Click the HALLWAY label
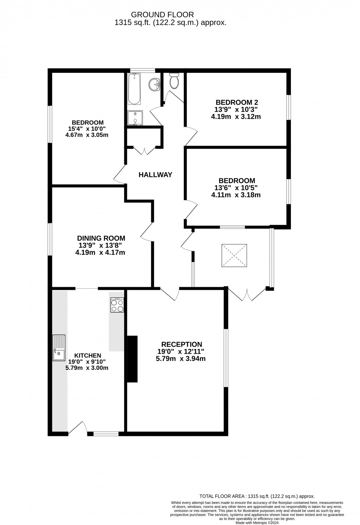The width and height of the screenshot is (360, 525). pyautogui.click(x=155, y=175)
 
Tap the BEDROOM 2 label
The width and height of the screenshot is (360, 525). pyautogui.click(x=234, y=102)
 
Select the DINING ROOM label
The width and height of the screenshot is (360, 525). pyautogui.click(x=101, y=238)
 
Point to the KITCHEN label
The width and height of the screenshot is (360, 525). pyautogui.click(x=88, y=356)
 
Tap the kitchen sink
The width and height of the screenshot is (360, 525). pyautogui.click(x=59, y=347)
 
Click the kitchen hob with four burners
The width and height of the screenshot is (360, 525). pyautogui.click(x=117, y=305)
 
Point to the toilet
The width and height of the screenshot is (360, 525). pyautogui.click(x=174, y=81)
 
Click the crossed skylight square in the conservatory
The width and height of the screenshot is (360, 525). pyautogui.click(x=234, y=255)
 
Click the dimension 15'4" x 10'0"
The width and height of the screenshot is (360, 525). pyautogui.click(x=87, y=129)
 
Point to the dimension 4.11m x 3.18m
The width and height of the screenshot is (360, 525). pyautogui.click(x=236, y=195)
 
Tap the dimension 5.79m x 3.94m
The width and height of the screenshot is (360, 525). pyautogui.click(x=181, y=358)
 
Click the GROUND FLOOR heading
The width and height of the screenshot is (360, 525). pyautogui.click(x=162, y=15)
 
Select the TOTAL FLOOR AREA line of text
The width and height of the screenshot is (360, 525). pyautogui.click(x=257, y=496)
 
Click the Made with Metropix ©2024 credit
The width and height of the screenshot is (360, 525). pyautogui.click(x=257, y=522)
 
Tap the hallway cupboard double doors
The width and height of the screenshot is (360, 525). pyautogui.click(x=144, y=150)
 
